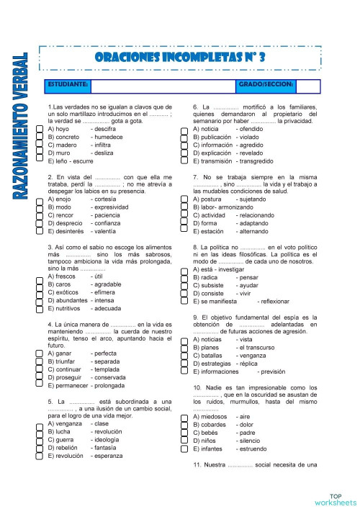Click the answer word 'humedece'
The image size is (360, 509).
coord(108,136)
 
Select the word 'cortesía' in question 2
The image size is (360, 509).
coord(106,198)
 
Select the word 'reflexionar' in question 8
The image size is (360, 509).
coord(277,300)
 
